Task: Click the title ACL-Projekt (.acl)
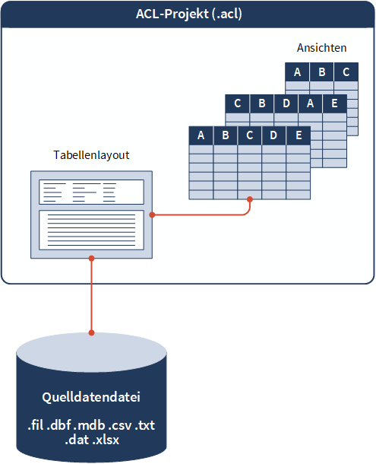(189, 14)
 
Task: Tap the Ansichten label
(321, 48)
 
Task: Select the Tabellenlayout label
(91, 155)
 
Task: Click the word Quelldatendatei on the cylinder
(91, 397)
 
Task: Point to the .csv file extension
(120, 425)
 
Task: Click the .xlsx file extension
(106, 440)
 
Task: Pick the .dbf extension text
(59, 425)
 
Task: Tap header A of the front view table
(201, 135)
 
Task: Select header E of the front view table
(299, 135)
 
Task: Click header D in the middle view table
(286, 103)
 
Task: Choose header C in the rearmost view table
(346, 72)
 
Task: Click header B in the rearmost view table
(321, 72)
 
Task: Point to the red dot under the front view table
(250, 199)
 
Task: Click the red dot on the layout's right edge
(152, 215)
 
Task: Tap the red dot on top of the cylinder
(92, 333)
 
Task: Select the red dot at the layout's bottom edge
(92, 259)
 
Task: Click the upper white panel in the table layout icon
(91, 192)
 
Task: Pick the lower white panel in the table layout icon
(91, 230)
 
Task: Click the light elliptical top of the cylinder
(92, 353)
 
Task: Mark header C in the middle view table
(237, 103)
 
